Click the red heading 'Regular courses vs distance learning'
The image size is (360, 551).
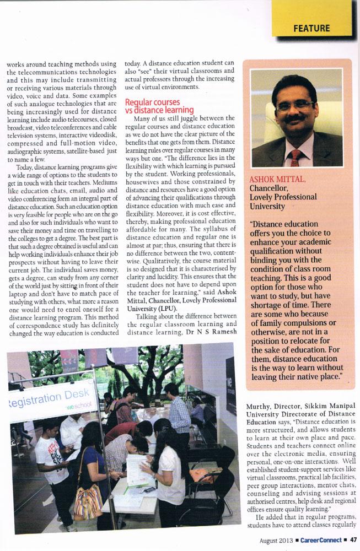click(x=159, y=106)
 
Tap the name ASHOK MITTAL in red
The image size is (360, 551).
click(x=272, y=180)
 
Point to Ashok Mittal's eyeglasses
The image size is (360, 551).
click(x=295, y=105)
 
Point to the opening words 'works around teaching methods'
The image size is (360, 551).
click(x=61, y=64)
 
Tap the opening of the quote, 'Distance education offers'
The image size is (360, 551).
click(x=286, y=224)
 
